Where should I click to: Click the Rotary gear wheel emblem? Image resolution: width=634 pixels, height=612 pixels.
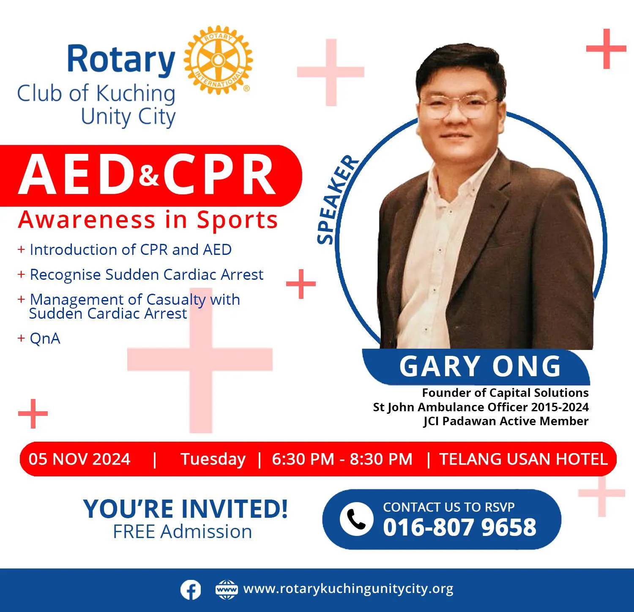218,60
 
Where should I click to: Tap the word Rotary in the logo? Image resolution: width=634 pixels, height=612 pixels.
121,60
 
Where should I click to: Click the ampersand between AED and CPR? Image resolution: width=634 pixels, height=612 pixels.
149,175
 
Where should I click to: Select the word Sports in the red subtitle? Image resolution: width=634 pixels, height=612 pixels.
237,220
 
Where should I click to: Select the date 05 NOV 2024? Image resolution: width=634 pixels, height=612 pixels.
79,459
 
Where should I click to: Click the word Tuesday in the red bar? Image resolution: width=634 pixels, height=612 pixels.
213,459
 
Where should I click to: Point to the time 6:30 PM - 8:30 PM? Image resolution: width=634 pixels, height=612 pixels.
342,459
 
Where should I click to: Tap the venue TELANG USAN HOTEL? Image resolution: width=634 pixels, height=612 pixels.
524,459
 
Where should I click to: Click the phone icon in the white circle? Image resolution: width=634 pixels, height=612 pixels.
356,519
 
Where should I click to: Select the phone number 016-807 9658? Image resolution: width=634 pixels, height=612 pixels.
459,527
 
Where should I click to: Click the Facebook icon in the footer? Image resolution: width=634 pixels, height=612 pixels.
191,590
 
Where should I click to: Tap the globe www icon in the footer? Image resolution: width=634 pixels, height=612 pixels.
227,590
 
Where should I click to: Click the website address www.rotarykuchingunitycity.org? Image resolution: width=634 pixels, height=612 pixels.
348,589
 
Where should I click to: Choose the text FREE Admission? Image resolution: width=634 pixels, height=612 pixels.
183,532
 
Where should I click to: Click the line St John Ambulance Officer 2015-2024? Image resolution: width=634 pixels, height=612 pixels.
481,407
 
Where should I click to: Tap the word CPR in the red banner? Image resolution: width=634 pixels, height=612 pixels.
220,175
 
